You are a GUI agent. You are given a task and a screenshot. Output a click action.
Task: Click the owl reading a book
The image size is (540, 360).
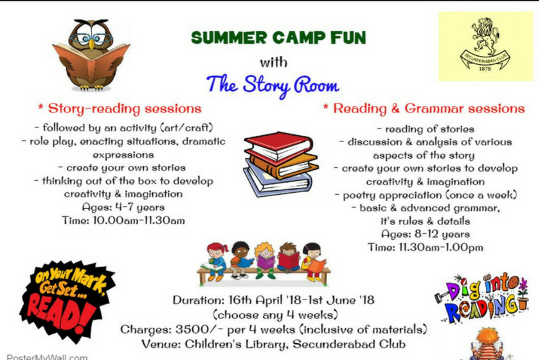(91, 55)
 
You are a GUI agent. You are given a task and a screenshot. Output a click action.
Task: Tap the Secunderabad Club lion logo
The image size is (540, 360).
(485, 46)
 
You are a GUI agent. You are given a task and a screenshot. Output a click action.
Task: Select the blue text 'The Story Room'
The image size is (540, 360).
(273, 85)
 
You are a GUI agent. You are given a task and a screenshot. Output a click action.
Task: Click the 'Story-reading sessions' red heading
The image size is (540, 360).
(120, 109)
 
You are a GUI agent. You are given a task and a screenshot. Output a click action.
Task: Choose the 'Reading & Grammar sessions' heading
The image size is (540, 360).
(424, 109)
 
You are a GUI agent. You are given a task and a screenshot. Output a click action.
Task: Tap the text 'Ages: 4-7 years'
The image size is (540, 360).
(123, 207)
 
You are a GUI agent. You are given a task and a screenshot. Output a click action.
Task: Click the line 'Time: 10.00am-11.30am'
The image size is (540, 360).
(123, 221)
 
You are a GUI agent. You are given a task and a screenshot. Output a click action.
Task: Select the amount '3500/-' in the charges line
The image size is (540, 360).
(193, 329)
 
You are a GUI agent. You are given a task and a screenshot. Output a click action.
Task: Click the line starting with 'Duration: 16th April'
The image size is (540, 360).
(273, 300)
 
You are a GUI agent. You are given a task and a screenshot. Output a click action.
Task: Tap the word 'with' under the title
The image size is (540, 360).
(273, 62)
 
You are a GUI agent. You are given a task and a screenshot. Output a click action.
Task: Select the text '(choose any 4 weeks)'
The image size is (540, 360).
(273, 315)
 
